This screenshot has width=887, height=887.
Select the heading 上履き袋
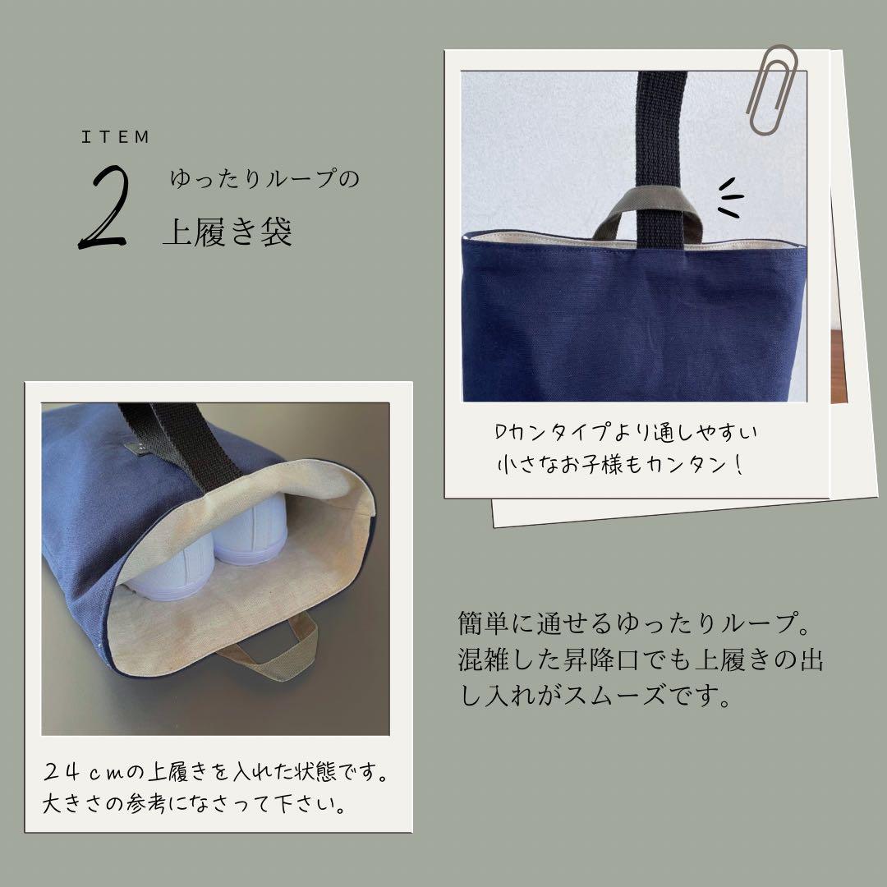[227, 233]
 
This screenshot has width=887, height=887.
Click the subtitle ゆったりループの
[264, 179]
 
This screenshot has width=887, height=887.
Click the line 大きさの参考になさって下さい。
[194, 802]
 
